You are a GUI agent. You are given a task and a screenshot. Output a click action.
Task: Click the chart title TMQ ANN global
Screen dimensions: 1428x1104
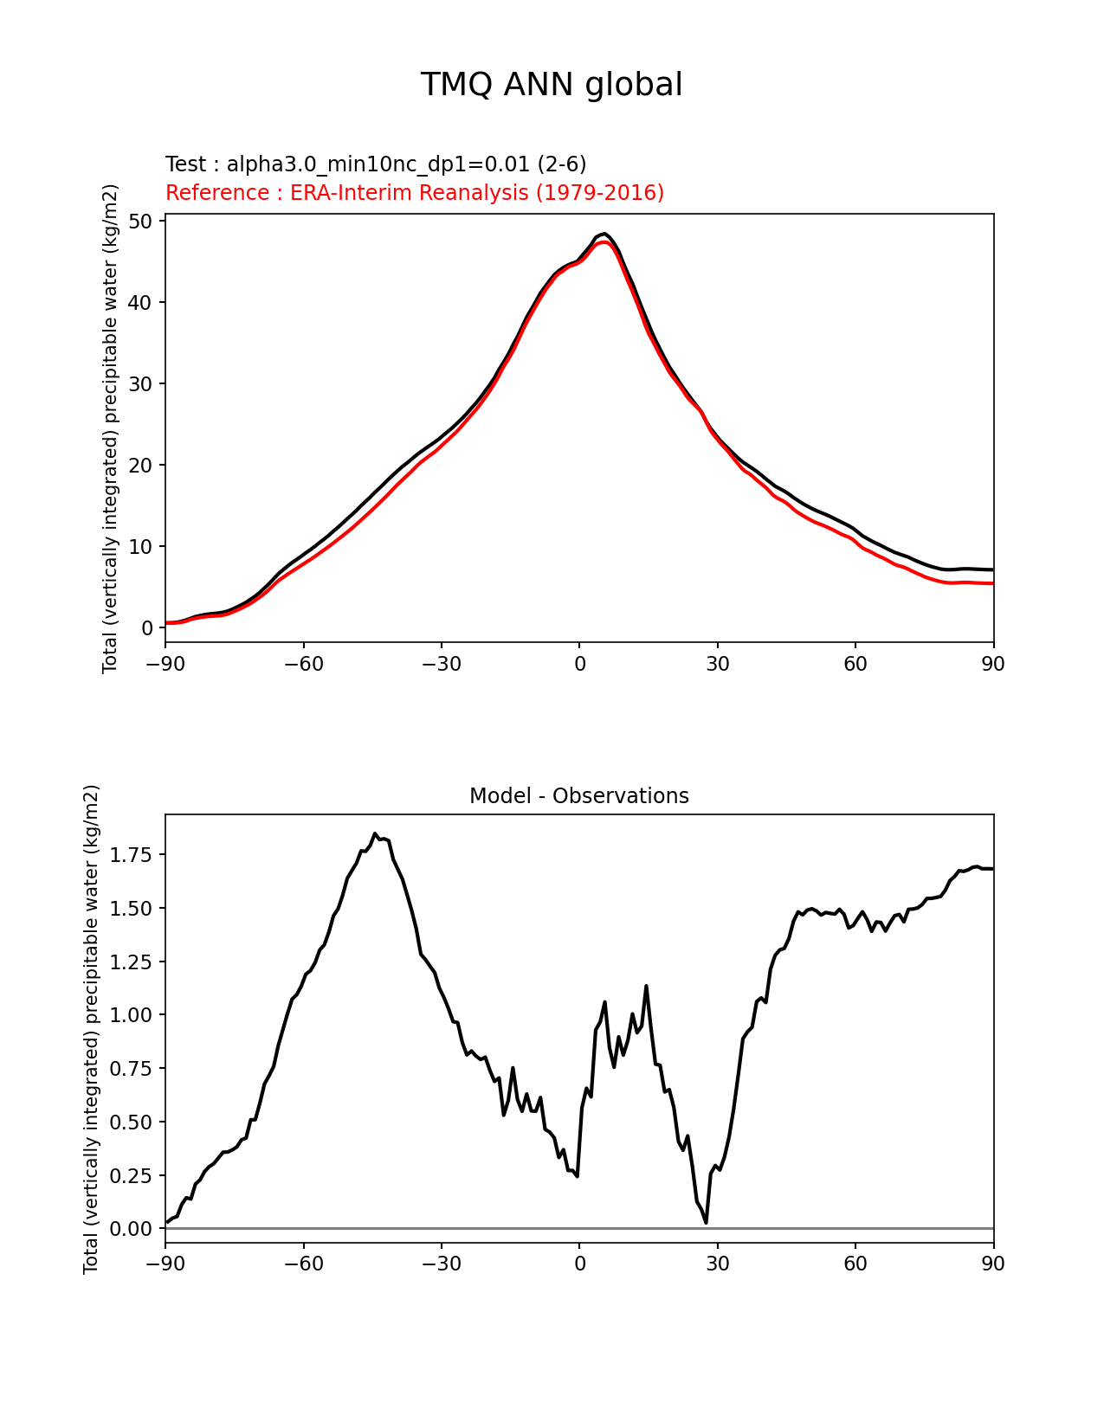point(552,85)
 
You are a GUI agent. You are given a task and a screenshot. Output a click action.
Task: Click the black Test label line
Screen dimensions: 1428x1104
point(376,164)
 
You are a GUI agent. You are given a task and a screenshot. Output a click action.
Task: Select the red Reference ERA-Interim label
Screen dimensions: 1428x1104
point(415,193)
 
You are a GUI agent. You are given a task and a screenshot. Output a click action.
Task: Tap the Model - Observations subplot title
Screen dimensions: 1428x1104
point(578,796)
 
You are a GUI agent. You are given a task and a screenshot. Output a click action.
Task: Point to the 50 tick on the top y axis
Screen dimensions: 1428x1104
point(141,222)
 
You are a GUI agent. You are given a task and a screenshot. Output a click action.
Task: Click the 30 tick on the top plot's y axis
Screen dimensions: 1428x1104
point(141,384)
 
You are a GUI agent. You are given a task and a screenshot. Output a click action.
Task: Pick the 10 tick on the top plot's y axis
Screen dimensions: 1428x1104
point(141,547)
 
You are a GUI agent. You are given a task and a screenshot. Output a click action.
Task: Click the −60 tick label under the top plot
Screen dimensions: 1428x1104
point(303,664)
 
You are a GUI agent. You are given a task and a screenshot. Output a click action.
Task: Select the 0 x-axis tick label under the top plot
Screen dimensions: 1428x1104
point(579,664)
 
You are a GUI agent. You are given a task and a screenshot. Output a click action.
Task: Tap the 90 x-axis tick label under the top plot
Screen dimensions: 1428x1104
point(993,664)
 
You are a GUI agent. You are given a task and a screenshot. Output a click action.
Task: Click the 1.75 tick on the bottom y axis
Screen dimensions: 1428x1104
point(132,855)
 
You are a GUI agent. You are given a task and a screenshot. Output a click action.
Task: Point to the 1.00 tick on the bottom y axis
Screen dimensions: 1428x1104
point(132,1015)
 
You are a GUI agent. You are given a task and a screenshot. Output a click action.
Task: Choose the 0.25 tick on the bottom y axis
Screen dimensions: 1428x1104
point(132,1175)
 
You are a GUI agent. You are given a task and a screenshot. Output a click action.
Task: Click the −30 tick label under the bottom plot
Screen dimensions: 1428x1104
point(441,1264)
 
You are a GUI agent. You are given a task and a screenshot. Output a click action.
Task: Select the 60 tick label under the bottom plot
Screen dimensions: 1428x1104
point(855,1264)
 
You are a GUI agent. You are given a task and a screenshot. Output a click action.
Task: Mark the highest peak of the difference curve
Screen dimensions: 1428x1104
point(375,834)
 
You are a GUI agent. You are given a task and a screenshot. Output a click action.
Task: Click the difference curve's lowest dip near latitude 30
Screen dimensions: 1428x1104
point(706,1222)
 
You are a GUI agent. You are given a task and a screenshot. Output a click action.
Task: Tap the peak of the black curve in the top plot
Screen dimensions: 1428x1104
point(604,234)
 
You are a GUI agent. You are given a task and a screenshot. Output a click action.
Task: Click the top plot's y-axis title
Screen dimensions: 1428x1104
point(110,428)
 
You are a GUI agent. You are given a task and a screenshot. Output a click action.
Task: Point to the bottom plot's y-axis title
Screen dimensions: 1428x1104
point(92,1029)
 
